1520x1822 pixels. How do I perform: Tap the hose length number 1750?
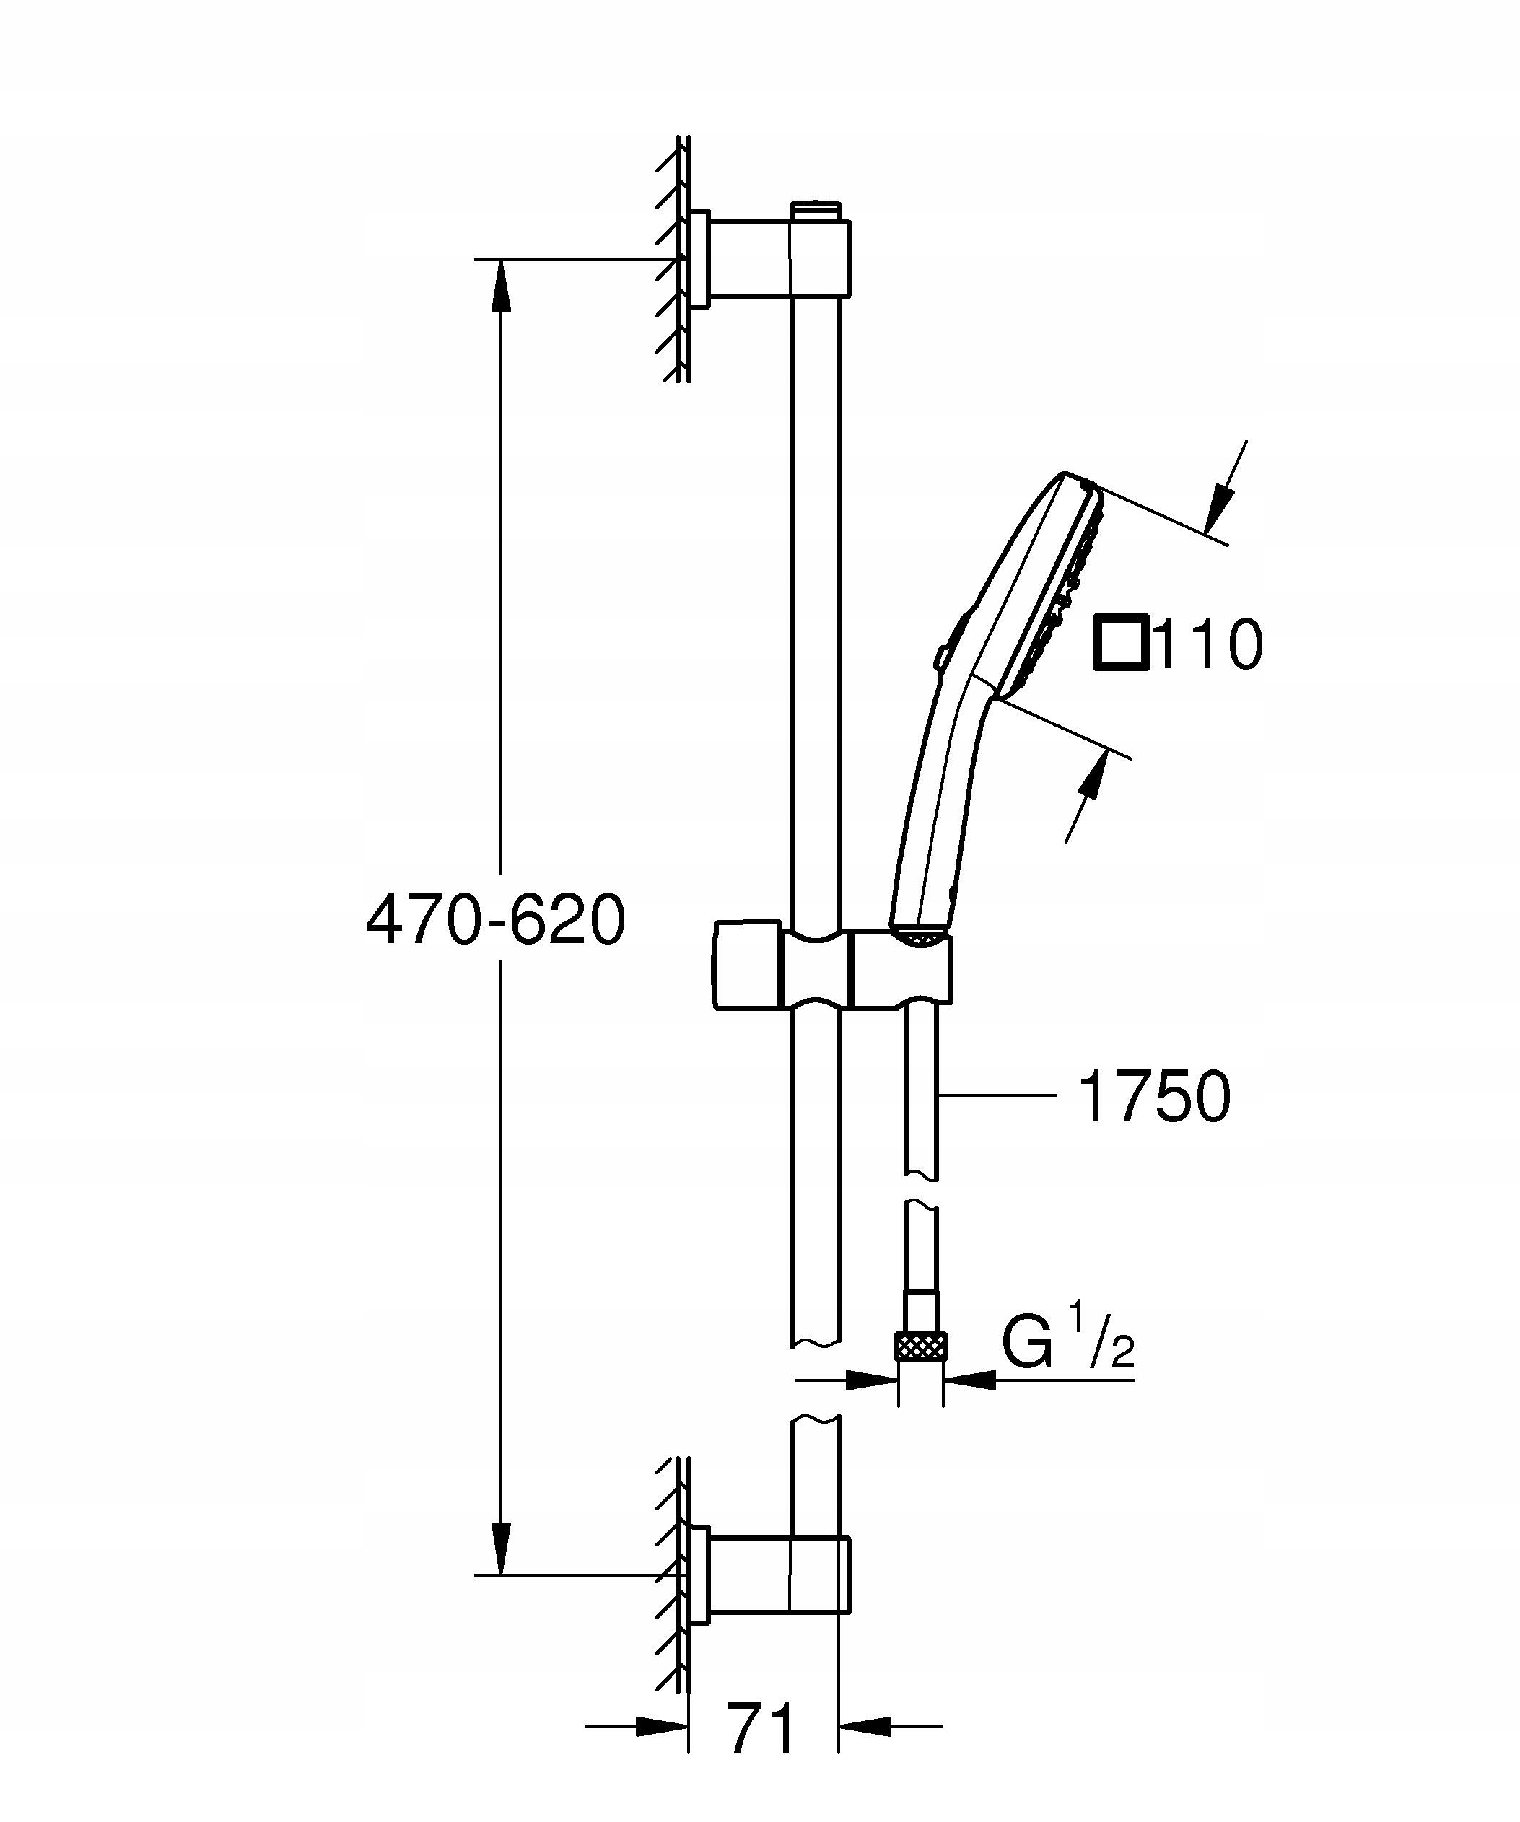pyautogui.click(x=1153, y=1096)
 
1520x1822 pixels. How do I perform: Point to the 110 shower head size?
pyautogui.click(x=1210, y=644)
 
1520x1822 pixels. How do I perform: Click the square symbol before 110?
pyautogui.click(x=1120, y=643)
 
